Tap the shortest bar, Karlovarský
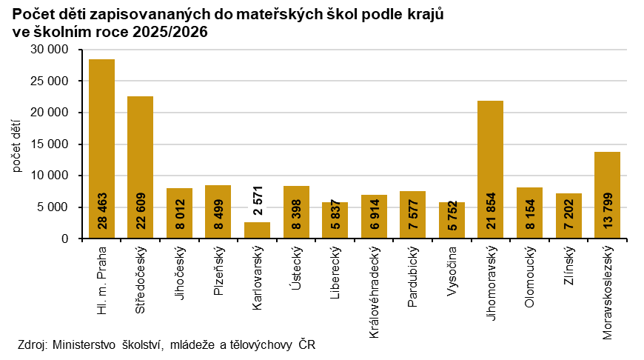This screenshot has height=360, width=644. [257, 230]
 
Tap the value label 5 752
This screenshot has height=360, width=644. [452, 218]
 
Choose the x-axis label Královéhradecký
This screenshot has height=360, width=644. [374, 293]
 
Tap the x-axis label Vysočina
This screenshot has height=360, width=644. [452, 276]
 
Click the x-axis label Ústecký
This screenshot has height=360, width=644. [296, 270]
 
